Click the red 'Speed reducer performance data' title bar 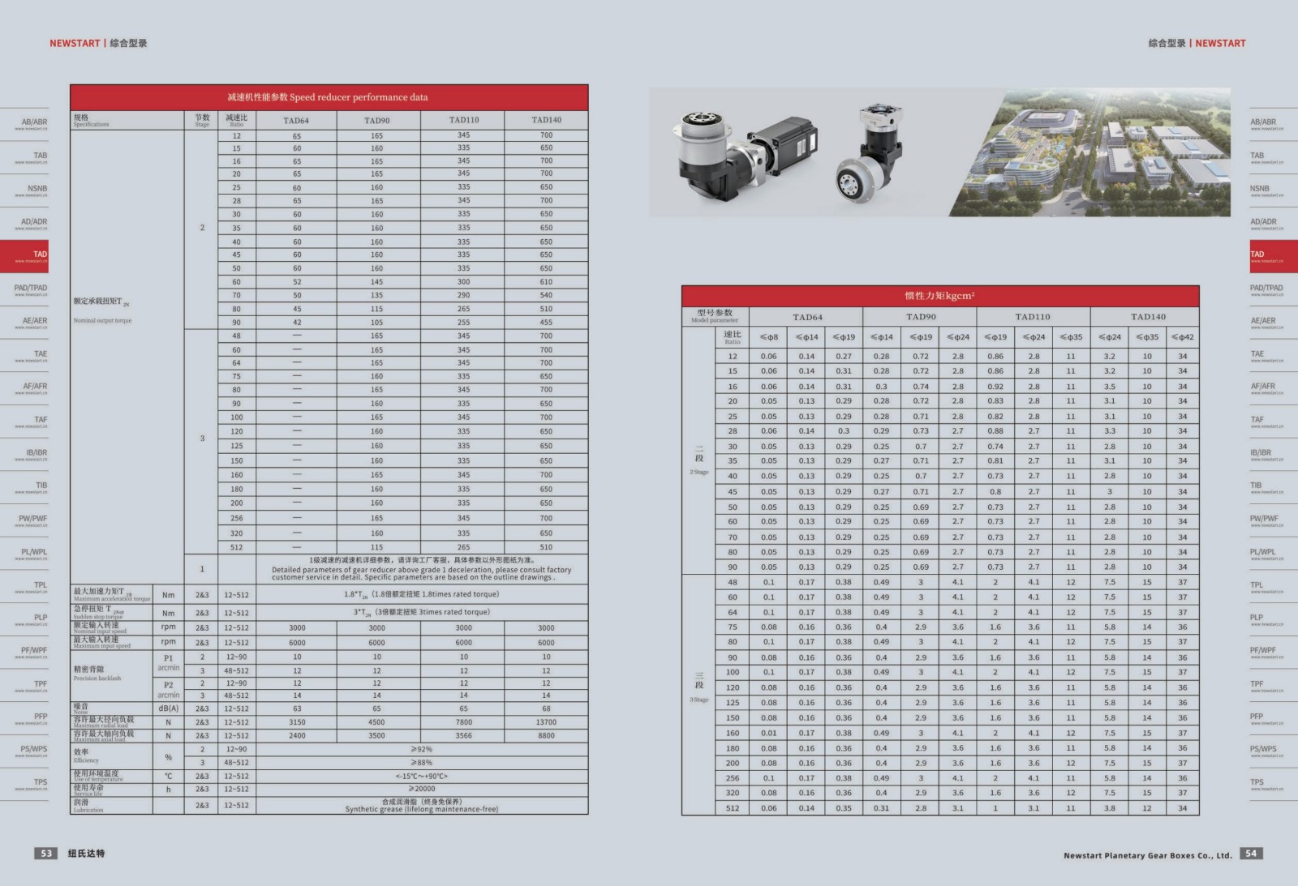pos(329,97)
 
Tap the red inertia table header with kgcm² pos(939,296)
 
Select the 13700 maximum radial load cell pos(546,722)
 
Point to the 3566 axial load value pos(463,736)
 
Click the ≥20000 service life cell pos(422,789)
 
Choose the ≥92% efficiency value pos(422,749)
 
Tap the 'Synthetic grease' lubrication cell pos(422,805)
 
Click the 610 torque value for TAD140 pos(546,282)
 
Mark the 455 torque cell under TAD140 pos(546,323)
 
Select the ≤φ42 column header pos(1182,337)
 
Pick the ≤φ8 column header pos(768,337)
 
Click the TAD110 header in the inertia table pos(1033,317)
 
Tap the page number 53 pos(46,854)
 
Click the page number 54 pos(1251,854)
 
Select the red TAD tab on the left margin pos(24,255)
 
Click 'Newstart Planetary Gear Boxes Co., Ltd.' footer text pos(1147,855)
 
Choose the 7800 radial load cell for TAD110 pos(463,722)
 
